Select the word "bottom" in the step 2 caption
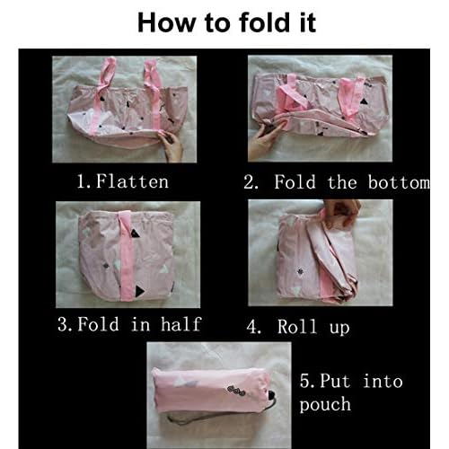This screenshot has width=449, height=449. (x=399, y=182)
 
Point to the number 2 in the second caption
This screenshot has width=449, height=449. (x=250, y=182)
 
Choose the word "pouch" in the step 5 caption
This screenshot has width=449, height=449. (x=325, y=404)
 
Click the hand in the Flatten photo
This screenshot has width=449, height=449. (x=171, y=145)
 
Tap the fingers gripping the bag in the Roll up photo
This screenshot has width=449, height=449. (x=341, y=211)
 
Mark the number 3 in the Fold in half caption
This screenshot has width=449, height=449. (x=63, y=324)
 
